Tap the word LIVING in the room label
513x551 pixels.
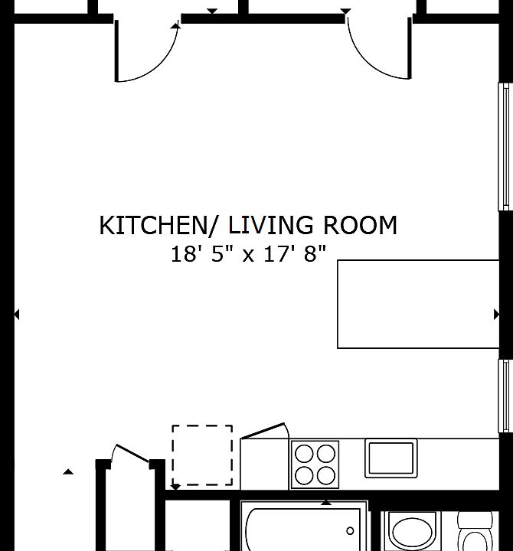coord(271,225)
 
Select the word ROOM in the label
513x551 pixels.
coord(360,225)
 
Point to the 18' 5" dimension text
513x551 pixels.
coord(198,254)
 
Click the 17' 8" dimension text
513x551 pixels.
coord(295,254)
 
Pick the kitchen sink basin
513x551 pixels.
coord(391,458)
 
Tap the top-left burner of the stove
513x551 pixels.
coord(304,454)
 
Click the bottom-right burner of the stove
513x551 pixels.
coord(326,476)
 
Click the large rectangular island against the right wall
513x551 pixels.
coord(418,305)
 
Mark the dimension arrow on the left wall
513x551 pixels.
coord(17,315)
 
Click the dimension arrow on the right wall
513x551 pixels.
coord(496,315)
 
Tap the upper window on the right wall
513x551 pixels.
coord(504,147)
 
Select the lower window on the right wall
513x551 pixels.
coord(504,396)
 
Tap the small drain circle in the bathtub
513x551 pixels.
coord(350,531)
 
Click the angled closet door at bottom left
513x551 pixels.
coord(132,453)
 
